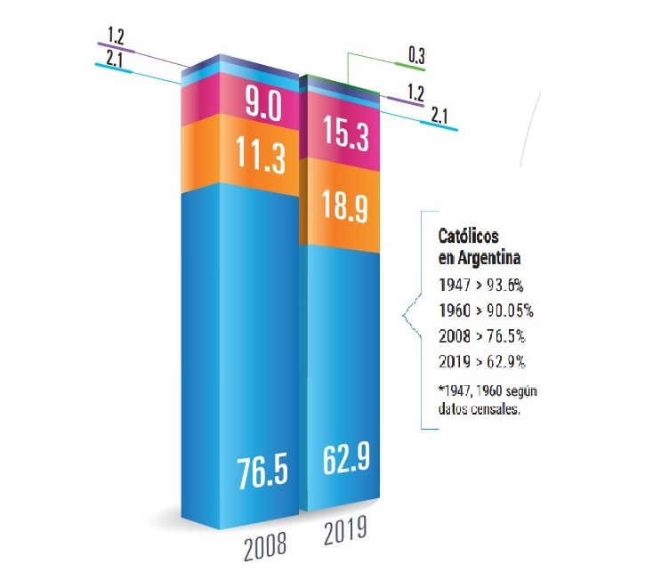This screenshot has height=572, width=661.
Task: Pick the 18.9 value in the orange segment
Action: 343,211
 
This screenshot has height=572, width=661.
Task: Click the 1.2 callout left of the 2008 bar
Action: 117,36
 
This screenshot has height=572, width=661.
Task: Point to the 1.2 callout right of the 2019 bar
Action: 414,92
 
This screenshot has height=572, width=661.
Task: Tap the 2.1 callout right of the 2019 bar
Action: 440,114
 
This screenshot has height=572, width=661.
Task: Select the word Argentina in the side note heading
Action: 489,258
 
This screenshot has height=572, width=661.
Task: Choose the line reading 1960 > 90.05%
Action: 488,311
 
